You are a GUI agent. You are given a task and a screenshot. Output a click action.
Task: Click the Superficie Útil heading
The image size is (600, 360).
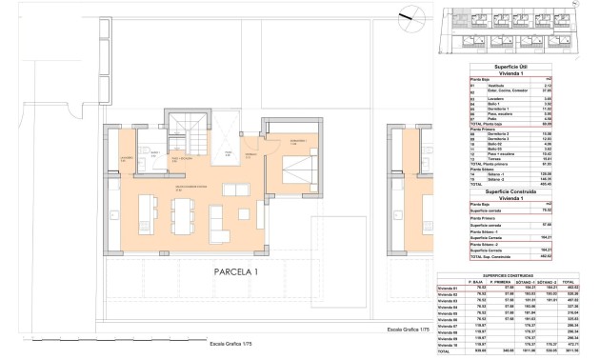(x=512, y=67)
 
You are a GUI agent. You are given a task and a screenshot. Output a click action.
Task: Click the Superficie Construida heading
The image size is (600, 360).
(x=512, y=190)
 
